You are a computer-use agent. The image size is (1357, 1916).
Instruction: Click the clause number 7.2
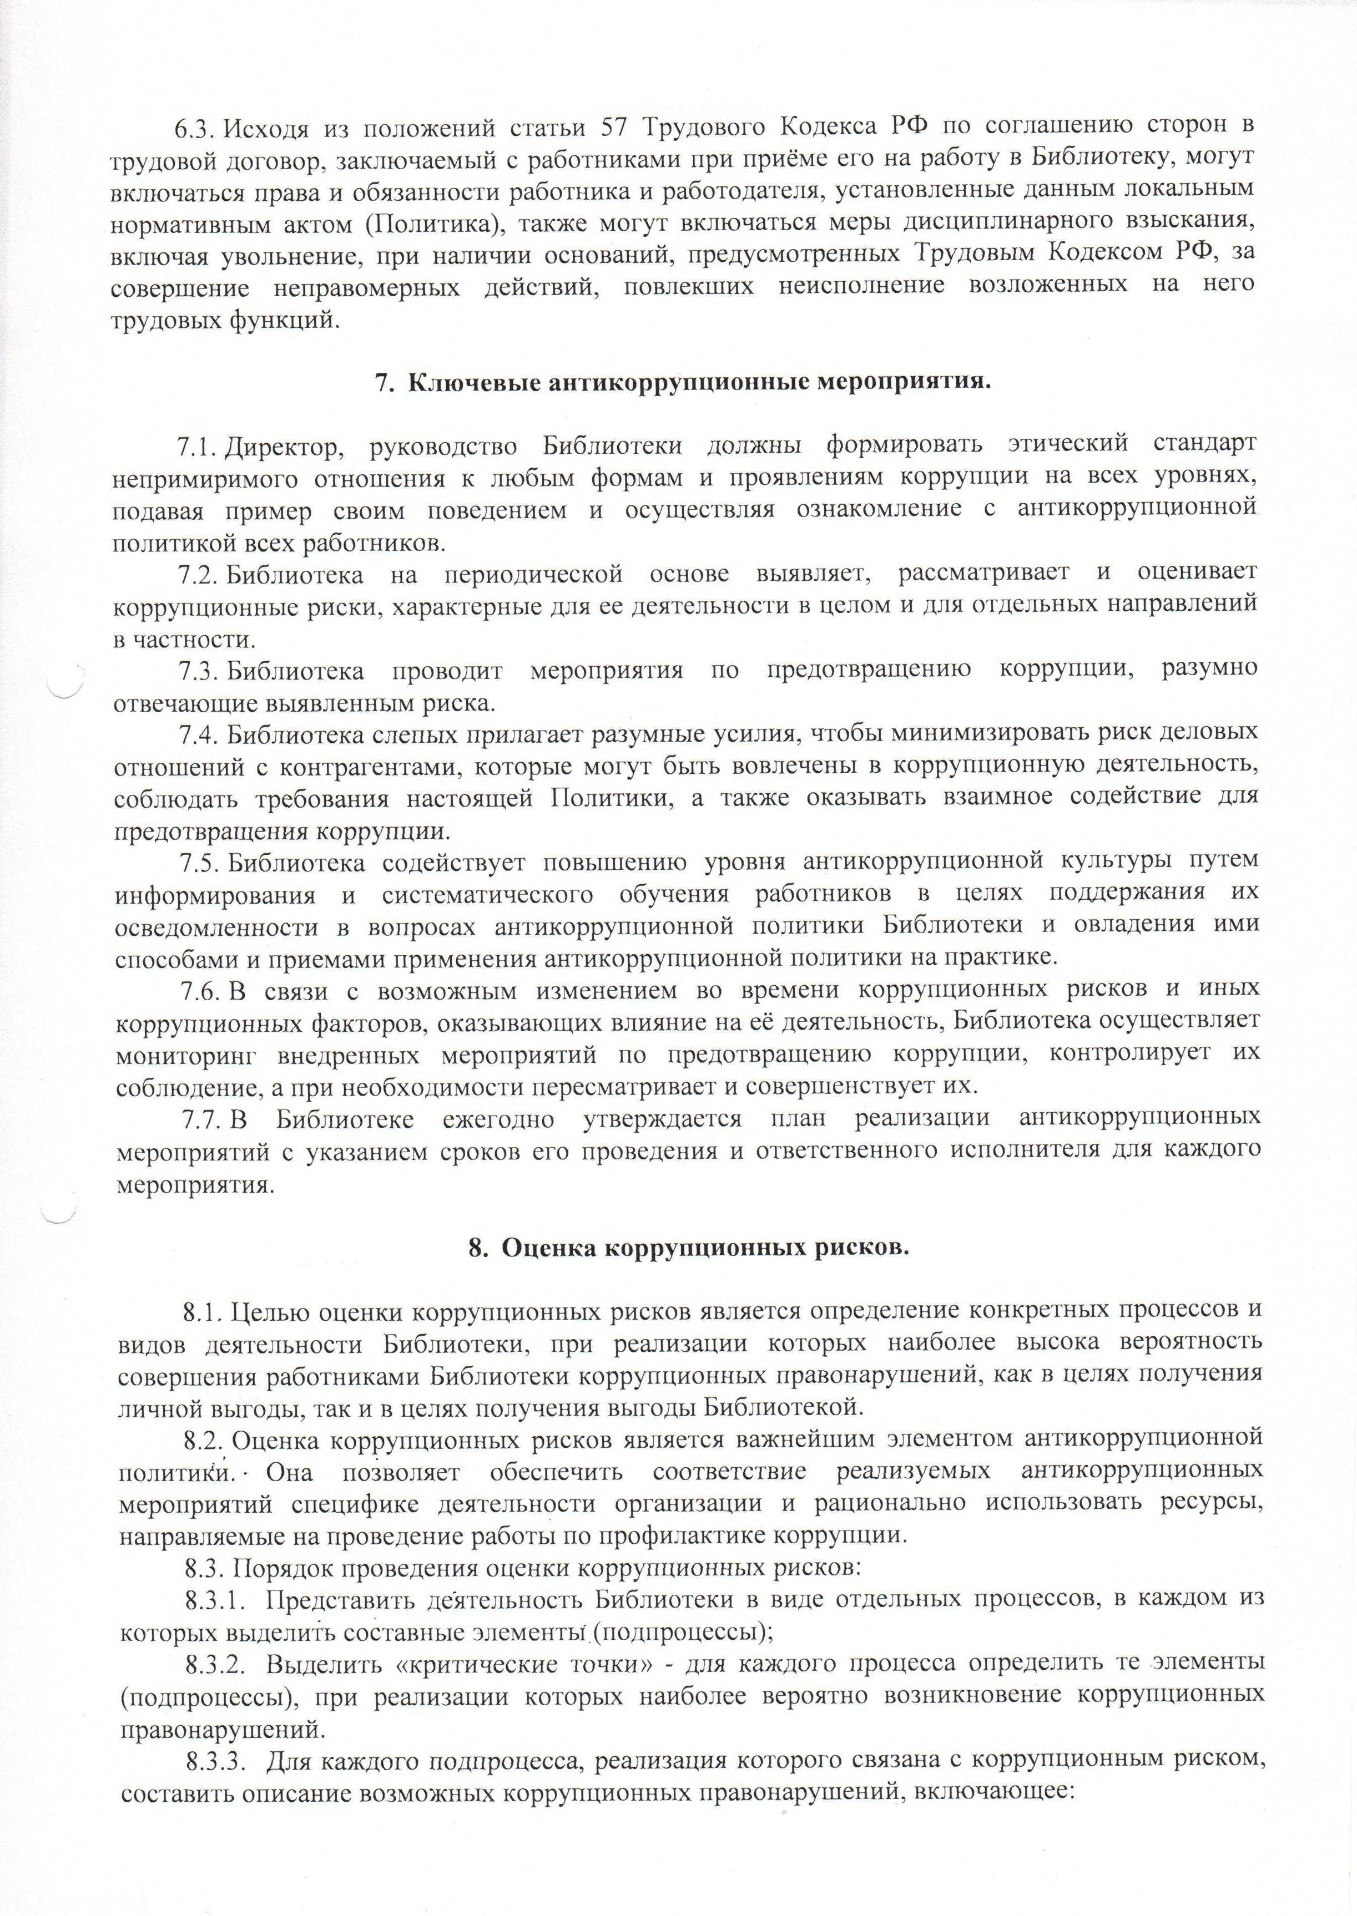coord(199,575)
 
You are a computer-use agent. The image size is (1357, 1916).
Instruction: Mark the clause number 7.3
coord(199,671)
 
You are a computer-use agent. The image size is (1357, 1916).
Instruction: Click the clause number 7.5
coord(199,861)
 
